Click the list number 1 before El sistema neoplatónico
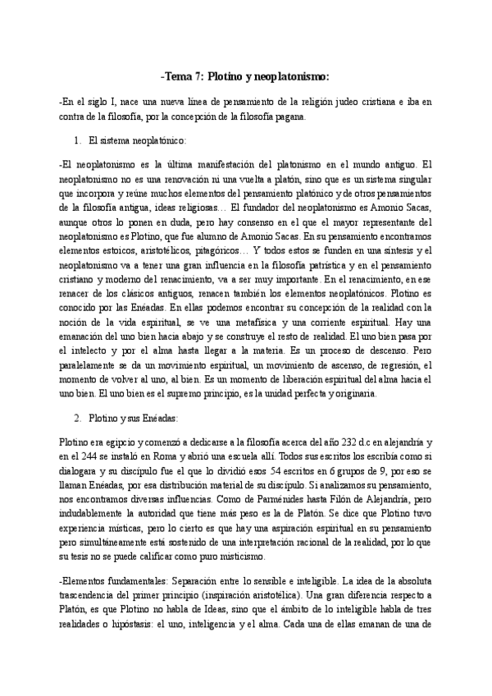point(77,140)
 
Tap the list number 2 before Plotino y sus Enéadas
point(77,418)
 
